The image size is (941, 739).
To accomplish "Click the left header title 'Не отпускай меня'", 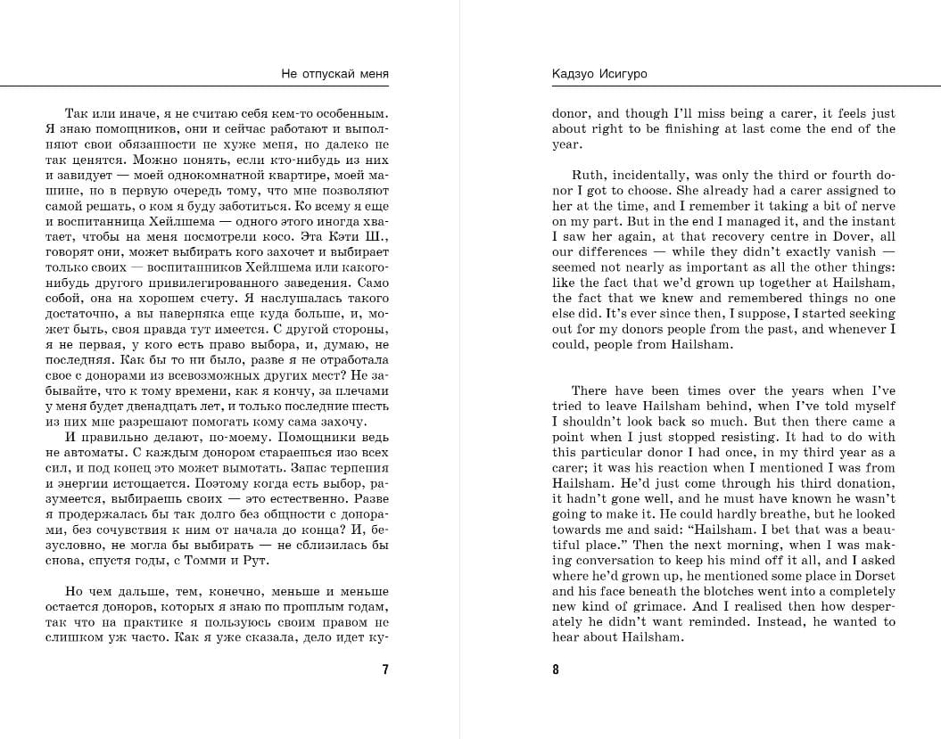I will [334, 74].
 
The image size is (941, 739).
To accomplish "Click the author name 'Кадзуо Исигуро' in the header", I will [599, 74].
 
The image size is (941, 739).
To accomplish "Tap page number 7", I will [384, 669].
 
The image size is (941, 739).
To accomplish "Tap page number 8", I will [556, 669].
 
